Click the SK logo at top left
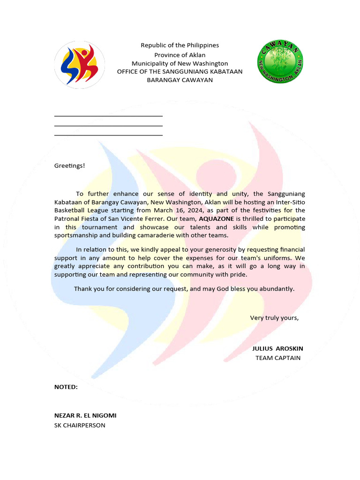[79, 65]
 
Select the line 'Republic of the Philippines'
[180, 45]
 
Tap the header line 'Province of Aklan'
[180, 55]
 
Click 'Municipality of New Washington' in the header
[180, 63]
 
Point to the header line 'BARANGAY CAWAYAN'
[180, 80]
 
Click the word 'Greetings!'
[70, 165]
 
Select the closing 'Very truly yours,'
[274, 318]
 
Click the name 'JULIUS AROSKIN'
[277, 349]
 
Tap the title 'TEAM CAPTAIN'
[278, 358]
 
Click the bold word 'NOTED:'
[66, 387]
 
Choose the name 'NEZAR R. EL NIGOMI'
[85, 416]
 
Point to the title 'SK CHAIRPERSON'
[80, 426]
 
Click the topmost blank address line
[108, 115]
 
